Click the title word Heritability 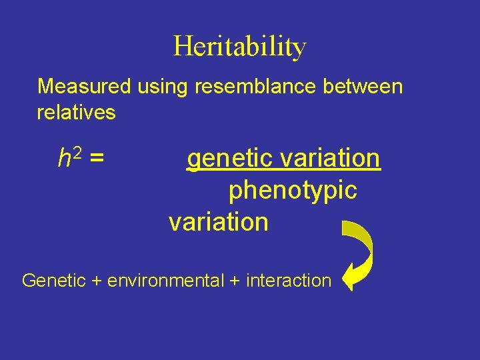click(240, 47)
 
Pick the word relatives click(76, 113)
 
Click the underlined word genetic click(229, 159)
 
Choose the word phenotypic click(293, 191)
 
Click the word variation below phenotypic click(219, 222)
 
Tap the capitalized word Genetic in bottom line click(54, 281)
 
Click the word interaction click(288, 281)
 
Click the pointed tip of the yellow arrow click(343, 277)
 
